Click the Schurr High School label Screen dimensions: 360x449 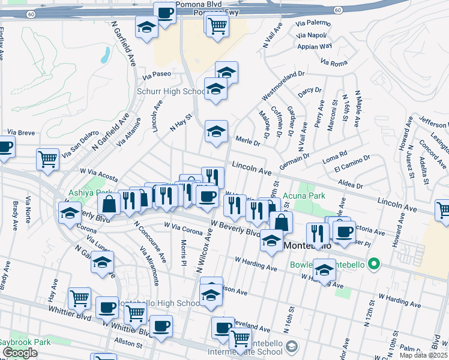172,92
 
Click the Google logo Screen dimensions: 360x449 20,353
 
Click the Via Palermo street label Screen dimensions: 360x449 313,23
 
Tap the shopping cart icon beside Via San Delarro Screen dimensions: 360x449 48,158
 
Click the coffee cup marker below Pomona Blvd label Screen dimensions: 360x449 164,13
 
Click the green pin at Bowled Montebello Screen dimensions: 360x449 375,263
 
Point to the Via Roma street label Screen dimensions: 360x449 334,62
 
